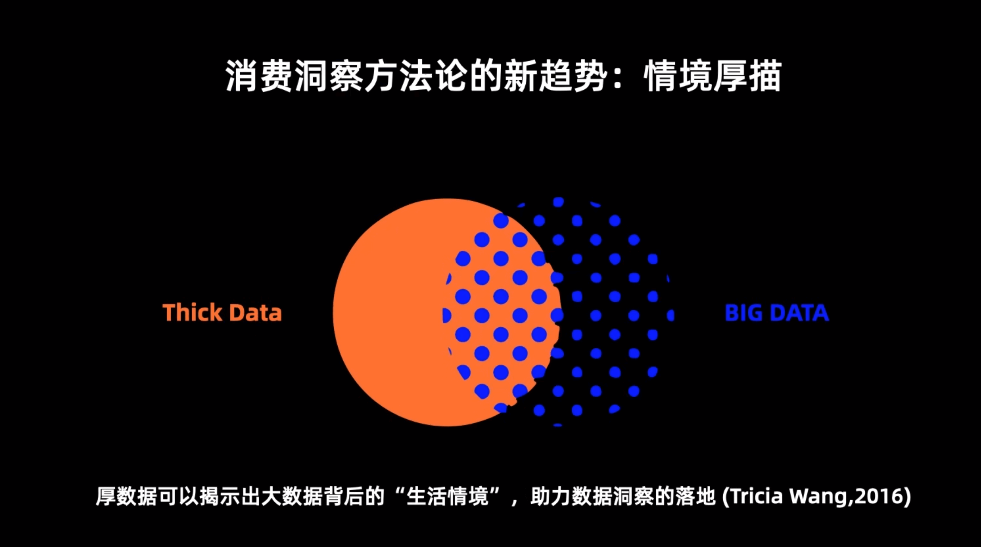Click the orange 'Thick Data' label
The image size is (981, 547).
coord(222,313)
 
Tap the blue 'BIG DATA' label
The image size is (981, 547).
coord(777,313)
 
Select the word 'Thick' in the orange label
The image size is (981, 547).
coord(192,313)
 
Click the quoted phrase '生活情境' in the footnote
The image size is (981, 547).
coord(448,496)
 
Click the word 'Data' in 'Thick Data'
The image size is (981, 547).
coord(256,313)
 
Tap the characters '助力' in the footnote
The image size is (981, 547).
coord(551,496)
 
